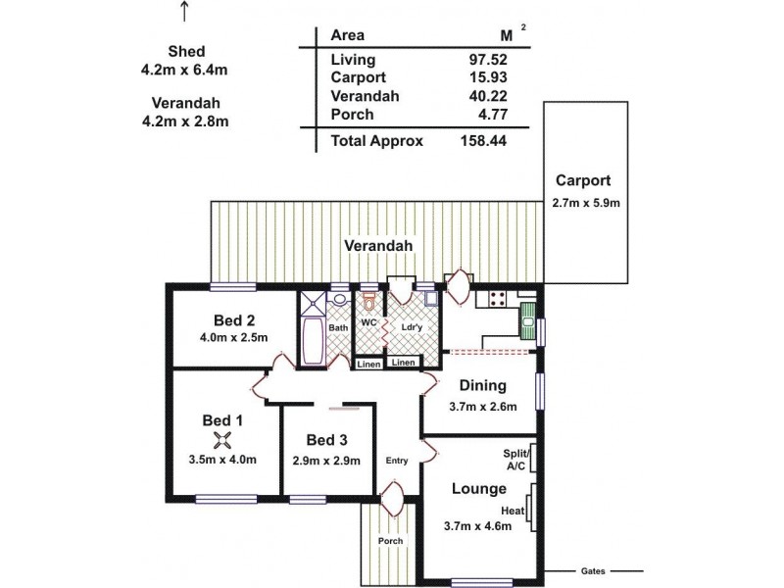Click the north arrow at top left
pos(184,11)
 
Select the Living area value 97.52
pos(487,59)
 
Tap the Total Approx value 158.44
pos(483,140)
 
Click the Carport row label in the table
pos(359,77)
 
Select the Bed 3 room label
pos(326,440)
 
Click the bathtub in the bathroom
pos(316,339)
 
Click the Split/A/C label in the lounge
pos(515,460)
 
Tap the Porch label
pos(390,541)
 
